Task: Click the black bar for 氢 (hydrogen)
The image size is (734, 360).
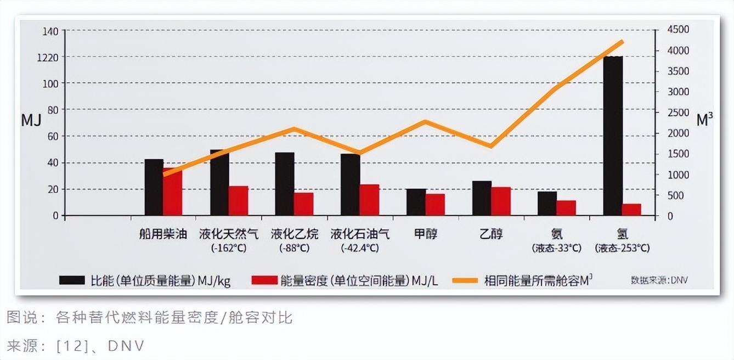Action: coord(613,136)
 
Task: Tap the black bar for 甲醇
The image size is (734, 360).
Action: coord(416,202)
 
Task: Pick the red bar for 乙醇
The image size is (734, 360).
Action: coord(501,201)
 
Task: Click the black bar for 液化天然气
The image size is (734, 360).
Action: coord(219,183)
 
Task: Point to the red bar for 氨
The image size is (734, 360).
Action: coord(566,208)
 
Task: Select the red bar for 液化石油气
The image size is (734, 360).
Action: coord(369,200)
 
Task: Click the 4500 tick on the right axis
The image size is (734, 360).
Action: coord(678,30)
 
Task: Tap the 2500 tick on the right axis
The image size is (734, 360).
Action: coord(678,113)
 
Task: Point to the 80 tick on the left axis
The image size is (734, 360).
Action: coord(53,110)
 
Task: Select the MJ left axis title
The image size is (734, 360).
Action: coord(31,120)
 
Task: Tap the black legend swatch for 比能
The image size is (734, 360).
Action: coord(72,280)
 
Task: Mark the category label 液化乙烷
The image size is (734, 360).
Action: coord(294,234)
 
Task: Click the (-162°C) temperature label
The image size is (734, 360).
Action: coord(229,248)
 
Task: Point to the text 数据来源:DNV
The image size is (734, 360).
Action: coord(659,280)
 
